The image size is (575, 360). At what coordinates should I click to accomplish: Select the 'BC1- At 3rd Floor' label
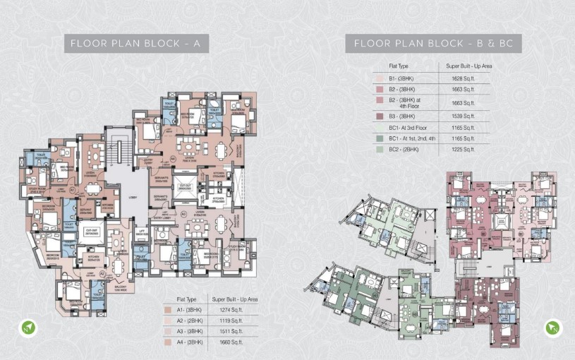click(408, 127)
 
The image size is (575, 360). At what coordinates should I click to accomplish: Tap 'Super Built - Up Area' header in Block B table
click(468, 66)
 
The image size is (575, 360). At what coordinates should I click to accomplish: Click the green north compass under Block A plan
click(26, 328)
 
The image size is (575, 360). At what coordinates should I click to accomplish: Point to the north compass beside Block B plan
click(552, 328)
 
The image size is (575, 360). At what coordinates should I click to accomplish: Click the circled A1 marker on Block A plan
click(72, 191)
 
